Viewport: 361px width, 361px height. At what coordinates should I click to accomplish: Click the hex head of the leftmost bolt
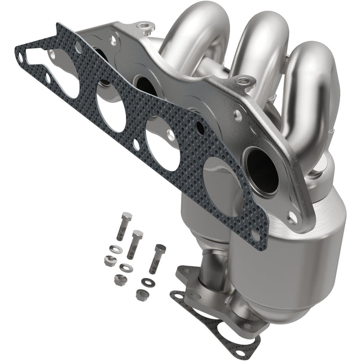[126, 218]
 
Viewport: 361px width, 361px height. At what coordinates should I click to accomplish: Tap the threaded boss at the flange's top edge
[144, 25]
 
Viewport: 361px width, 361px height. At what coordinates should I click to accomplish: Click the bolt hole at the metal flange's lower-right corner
[292, 217]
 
